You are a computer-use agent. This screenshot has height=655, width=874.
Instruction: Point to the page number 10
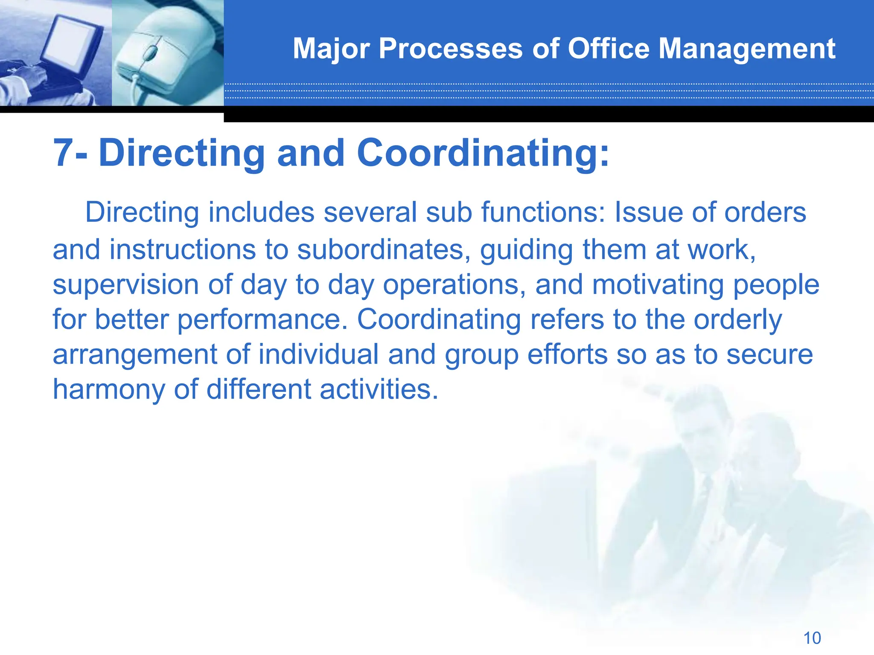812,638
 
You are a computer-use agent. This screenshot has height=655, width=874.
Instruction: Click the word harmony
109,390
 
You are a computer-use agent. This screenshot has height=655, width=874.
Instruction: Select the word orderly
738,320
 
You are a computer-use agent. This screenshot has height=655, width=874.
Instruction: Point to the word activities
379,390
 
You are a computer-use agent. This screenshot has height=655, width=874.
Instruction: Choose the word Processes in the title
450,49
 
